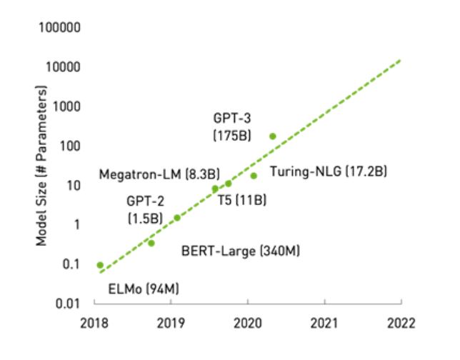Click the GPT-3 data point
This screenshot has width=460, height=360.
pyautogui.click(x=272, y=136)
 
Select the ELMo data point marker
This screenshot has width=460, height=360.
pyautogui.click(x=100, y=265)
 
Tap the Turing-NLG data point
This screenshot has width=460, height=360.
pyautogui.click(x=254, y=175)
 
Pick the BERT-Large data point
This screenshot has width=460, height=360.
pyautogui.click(x=151, y=243)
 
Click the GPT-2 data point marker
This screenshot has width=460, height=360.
pyautogui.click(x=177, y=217)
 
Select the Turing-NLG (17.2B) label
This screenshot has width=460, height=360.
pyautogui.click(x=328, y=174)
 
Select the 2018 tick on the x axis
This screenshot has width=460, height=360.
pyautogui.click(x=94, y=321)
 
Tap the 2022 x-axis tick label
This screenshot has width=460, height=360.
pyautogui.click(x=401, y=321)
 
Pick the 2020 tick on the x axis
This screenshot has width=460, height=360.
pyautogui.click(x=248, y=321)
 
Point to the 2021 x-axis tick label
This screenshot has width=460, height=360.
pyautogui.click(x=324, y=321)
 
